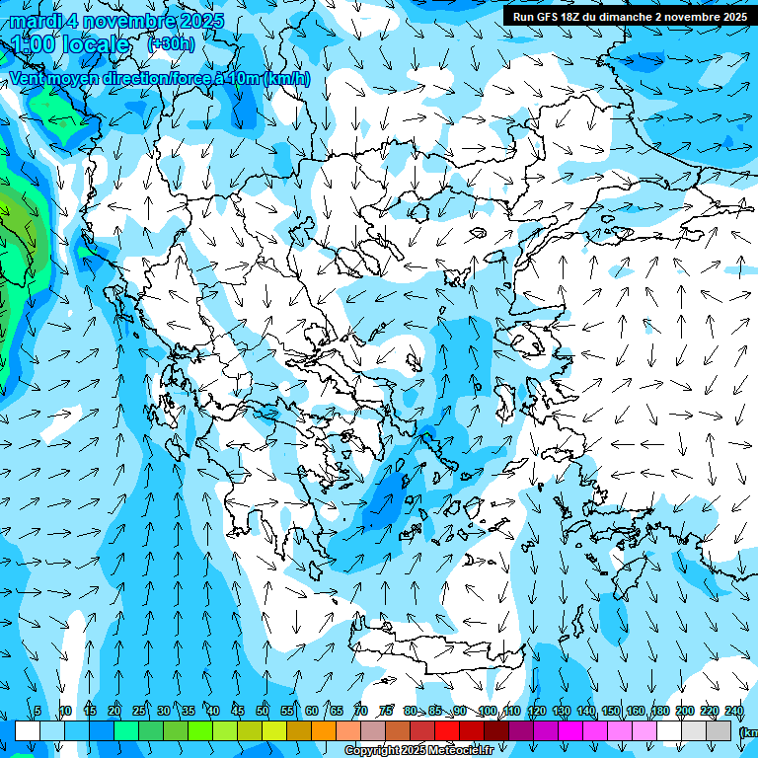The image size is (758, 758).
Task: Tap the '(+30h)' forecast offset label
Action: (x=171, y=44)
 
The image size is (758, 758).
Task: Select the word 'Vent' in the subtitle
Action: (x=29, y=78)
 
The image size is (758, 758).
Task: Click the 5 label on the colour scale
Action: (x=38, y=711)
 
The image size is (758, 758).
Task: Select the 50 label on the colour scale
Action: (x=263, y=711)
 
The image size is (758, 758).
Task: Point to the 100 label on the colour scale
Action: (x=488, y=711)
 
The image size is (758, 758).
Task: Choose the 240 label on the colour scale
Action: (x=734, y=711)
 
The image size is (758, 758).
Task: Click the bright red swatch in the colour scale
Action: (x=447, y=730)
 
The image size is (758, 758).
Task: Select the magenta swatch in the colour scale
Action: (x=570, y=730)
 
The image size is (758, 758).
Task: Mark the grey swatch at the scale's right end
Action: (x=719, y=730)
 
